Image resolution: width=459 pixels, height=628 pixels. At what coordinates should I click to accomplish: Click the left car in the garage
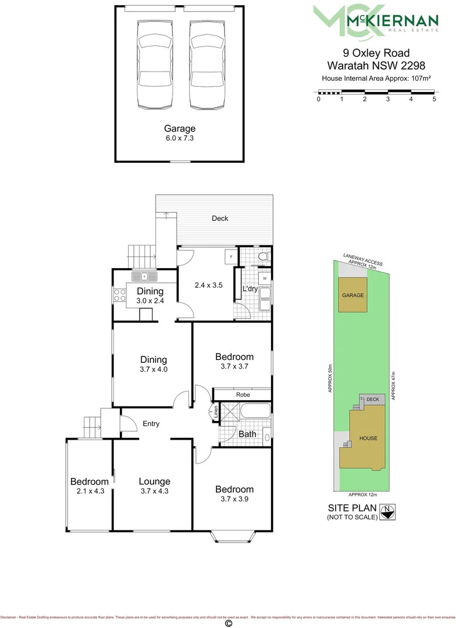point(154,64)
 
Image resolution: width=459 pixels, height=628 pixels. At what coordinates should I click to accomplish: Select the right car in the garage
point(208,64)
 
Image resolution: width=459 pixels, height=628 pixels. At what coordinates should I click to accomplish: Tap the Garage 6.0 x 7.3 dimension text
point(179,139)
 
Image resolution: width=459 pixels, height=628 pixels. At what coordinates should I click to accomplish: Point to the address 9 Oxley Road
point(376,53)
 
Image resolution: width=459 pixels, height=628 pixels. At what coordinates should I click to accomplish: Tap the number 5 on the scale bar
point(434,99)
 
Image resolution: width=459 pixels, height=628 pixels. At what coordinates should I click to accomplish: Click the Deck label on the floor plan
point(220,219)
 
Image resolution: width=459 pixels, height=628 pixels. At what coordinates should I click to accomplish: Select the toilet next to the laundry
point(263,256)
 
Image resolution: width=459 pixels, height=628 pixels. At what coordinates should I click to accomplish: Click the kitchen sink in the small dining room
point(144,276)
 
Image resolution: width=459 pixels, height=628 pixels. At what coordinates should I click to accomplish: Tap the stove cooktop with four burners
point(120,295)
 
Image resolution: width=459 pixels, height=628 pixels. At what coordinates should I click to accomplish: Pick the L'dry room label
point(250,289)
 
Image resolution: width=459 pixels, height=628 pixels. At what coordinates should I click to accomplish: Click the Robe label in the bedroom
point(243,394)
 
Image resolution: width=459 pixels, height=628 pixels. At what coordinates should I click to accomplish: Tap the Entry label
point(151,424)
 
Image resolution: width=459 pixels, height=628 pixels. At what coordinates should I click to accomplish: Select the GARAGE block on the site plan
point(353,295)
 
